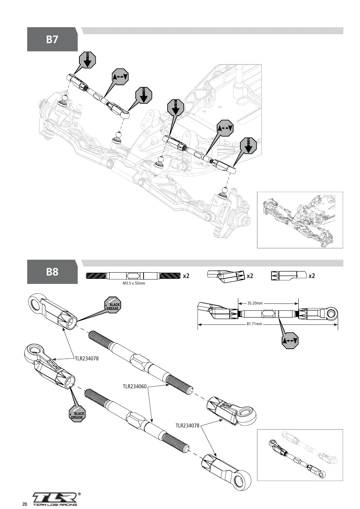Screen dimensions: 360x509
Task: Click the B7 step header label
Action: (52, 39)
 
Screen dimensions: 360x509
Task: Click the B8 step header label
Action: (52, 272)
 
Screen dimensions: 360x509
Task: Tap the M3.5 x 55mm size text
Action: (134, 283)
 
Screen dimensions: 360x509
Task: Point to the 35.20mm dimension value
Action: (255, 303)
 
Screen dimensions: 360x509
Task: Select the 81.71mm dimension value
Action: (254, 324)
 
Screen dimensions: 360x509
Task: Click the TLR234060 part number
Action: (135, 386)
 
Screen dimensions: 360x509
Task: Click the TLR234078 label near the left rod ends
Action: (87, 358)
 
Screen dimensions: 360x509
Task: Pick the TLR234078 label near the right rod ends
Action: (187, 425)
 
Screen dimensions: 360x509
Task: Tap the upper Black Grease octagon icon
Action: (112, 305)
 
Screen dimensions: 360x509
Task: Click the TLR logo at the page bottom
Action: (55, 497)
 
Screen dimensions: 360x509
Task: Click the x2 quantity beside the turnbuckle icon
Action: (186, 276)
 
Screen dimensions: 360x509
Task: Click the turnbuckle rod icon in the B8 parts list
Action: (133, 276)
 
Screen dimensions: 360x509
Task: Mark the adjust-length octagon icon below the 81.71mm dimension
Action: (290, 340)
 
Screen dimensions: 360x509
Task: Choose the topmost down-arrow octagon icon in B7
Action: (87, 60)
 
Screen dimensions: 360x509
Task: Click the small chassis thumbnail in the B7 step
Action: (300, 220)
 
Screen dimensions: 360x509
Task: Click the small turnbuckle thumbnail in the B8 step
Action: (300, 455)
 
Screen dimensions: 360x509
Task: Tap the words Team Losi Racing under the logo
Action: (55, 505)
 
